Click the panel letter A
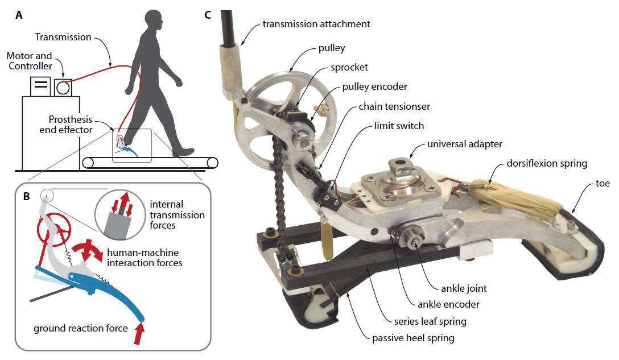point(19,15)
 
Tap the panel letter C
point(208,15)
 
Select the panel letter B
point(26,196)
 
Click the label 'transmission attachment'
point(316,24)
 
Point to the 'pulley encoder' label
point(374,87)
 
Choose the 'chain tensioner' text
point(394,106)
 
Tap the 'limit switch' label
point(399,126)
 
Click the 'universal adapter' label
point(465,144)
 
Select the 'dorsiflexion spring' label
point(547,163)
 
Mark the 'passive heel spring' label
point(413,338)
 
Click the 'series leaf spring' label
point(430,322)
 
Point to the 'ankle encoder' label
point(448,304)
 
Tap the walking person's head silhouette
point(153,20)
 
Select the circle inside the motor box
point(63,88)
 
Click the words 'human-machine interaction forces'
point(145,258)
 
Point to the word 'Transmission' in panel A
point(63,37)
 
